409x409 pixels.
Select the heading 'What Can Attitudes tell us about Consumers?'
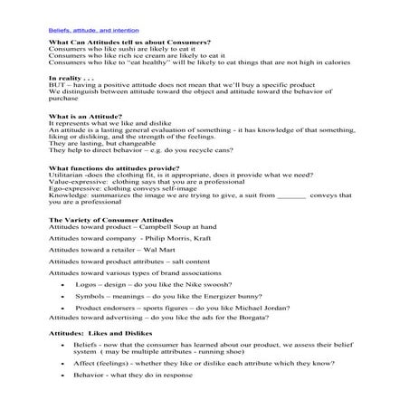point(117,43)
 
